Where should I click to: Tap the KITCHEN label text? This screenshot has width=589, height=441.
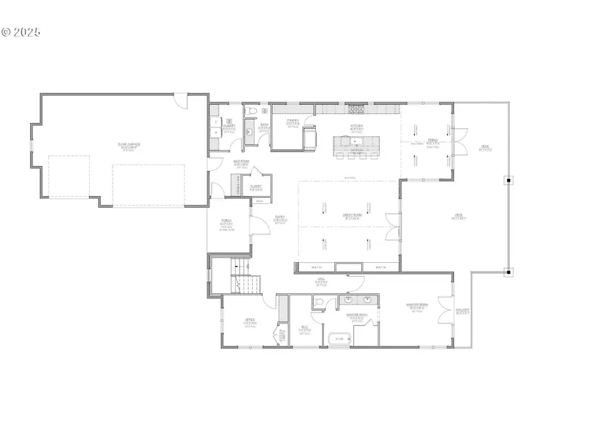coord(357,126)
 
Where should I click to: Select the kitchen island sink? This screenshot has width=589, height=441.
coord(357,140)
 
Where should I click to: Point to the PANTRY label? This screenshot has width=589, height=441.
coord(293,121)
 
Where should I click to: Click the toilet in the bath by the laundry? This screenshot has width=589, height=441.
coord(250,112)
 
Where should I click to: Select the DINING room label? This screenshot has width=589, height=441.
coord(433,140)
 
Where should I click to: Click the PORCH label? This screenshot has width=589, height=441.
coord(227,221)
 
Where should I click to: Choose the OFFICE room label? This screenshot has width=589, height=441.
coord(249,320)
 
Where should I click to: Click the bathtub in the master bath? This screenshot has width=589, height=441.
coord(339,338)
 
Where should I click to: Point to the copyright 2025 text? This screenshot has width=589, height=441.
coord(21,31)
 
